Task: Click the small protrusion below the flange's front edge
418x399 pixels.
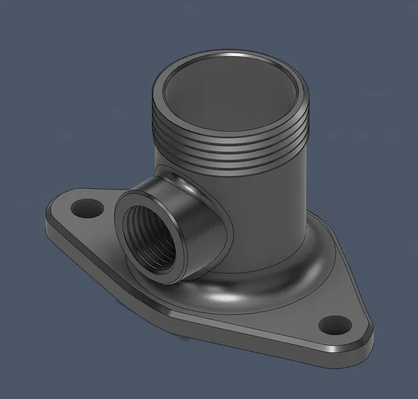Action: point(186,340)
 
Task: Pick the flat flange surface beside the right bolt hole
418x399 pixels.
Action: point(306,313)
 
